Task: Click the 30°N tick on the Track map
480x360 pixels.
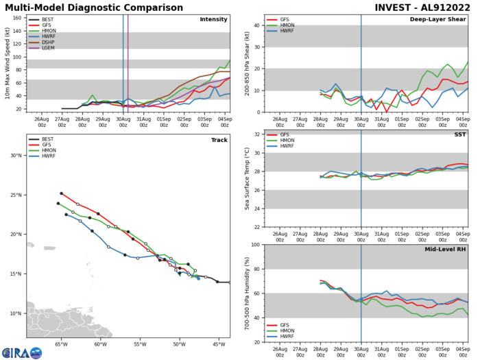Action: (17, 155)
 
